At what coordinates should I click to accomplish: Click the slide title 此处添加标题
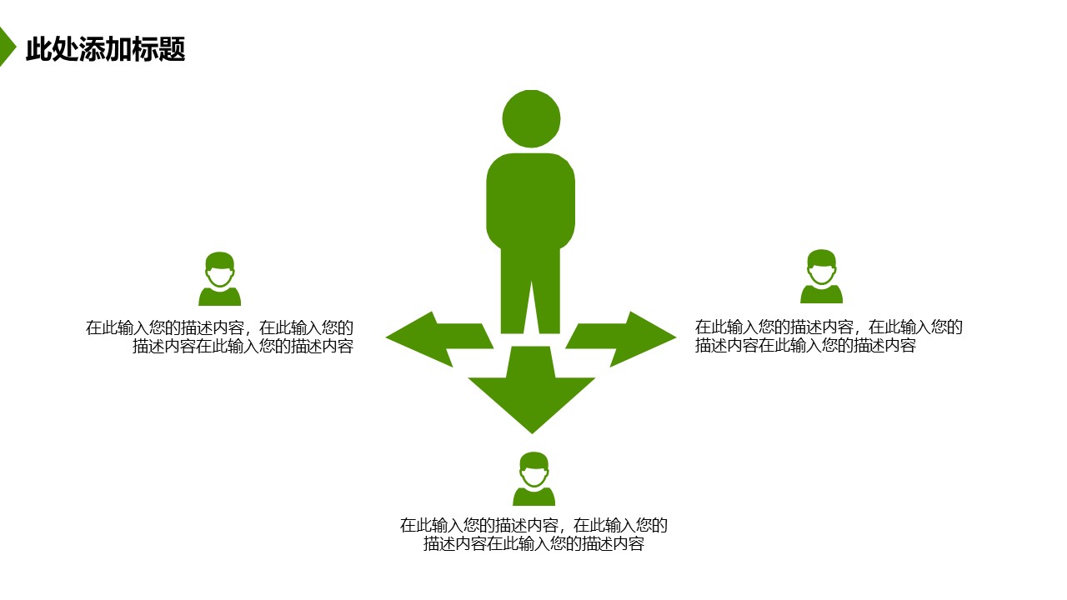[x=105, y=50]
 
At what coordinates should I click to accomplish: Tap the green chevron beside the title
[x=7, y=47]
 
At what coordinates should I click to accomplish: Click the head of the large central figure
[x=531, y=118]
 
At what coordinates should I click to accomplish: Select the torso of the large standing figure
[x=531, y=200]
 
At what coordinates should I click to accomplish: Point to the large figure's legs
[x=530, y=292]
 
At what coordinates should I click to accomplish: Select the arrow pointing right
[x=625, y=338]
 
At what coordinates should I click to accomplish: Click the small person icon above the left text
[x=220, y=279]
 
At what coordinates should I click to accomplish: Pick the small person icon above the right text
[x=822, y=277]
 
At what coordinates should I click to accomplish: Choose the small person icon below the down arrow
[x=533, y=479]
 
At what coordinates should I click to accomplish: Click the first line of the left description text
[x=219, y=328]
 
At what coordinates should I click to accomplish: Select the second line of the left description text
[x=243, y=347]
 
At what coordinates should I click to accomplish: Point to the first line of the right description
[x=829, y=327]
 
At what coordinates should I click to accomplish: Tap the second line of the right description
[x=805, y=346]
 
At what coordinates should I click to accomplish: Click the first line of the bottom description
[x=533, y=526]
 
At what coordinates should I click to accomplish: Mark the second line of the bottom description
[x=533, y=544]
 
